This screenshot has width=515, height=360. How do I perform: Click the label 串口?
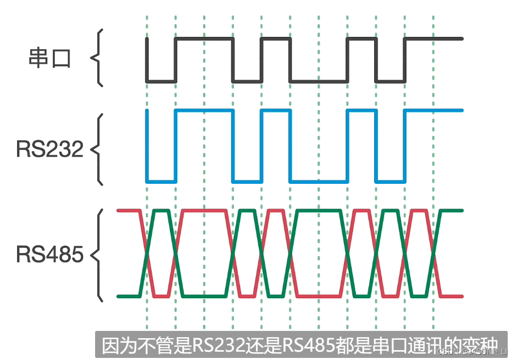point(49,58)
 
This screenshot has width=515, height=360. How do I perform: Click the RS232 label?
point(50,149)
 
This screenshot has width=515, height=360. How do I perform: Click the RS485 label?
point(50,255)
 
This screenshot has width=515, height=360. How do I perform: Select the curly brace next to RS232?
point(97,149)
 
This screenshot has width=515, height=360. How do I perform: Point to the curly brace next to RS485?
point(97,255)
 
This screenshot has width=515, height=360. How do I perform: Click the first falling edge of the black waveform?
point(147,60)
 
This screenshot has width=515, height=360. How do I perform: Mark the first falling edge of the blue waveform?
point(147,146)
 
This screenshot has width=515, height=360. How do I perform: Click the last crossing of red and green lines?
point(434,254)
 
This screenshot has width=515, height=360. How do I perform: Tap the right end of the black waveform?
point(461,38)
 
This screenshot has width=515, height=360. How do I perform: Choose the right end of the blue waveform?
point(461,110)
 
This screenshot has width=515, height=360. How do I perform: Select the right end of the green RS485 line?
point(461,210)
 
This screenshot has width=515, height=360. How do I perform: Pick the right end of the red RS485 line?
point(461,296)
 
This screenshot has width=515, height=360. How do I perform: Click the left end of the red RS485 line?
point(118,210)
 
